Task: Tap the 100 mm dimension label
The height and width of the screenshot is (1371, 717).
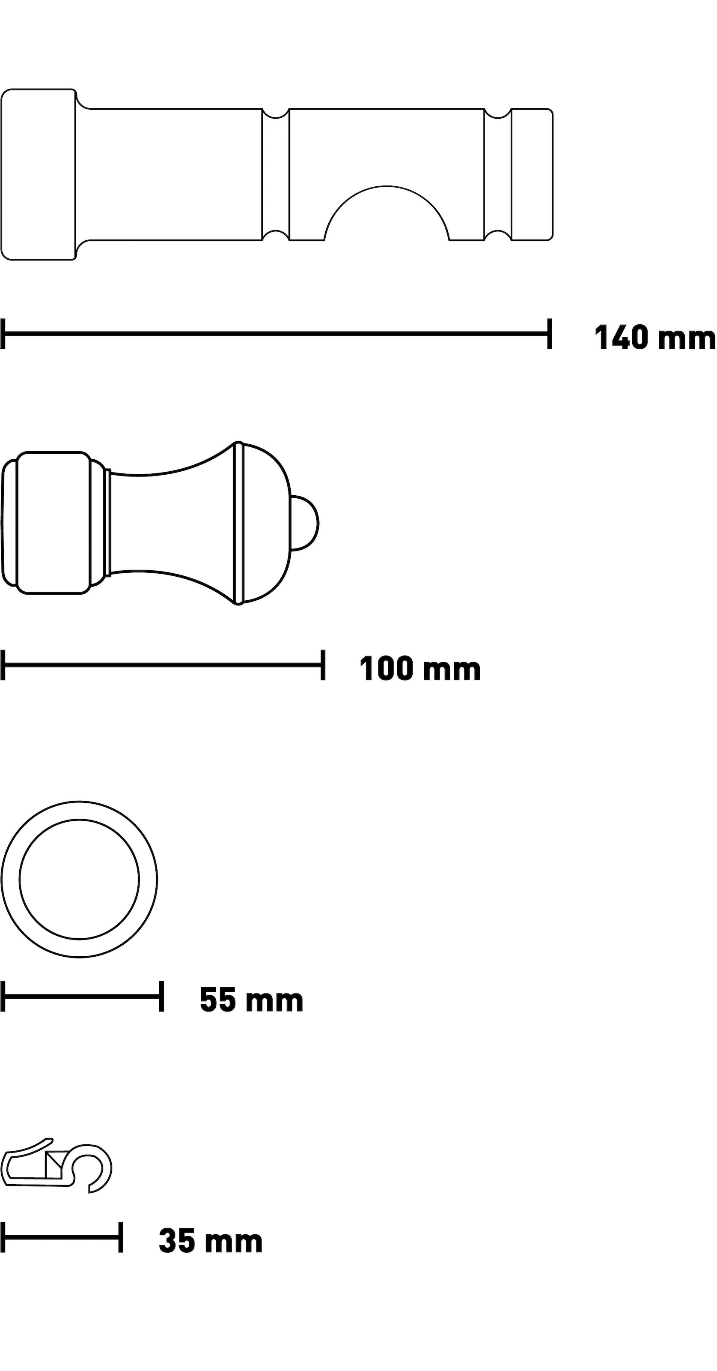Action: pos(419,668)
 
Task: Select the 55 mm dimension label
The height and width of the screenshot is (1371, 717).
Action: pos(251,1000)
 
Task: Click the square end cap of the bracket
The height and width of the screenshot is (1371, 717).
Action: pos(38,174)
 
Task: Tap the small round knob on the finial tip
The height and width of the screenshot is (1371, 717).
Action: pos(305,523)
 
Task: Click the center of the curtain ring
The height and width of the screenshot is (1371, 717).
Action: pos(79,879)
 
